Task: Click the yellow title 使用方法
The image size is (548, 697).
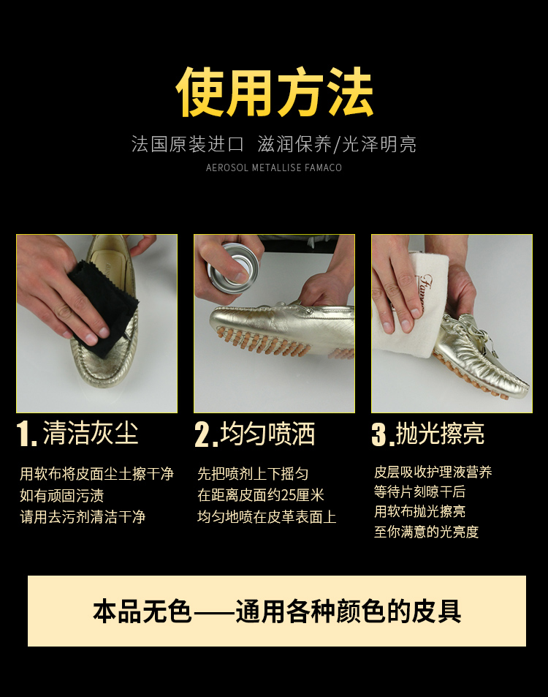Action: [x=274, y=92]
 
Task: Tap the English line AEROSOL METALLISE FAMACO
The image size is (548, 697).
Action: [x=274, y=167]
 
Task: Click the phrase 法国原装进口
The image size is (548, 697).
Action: [x=187, y=144]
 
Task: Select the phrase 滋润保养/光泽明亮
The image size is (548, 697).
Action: [x=337, y=144]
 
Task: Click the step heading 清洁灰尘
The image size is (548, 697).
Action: [x=91, y=433]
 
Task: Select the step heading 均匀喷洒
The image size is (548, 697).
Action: [x=267, y=434]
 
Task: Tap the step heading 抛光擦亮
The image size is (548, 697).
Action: [x=440, y=433]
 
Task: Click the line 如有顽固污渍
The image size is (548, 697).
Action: [x=61, y=495]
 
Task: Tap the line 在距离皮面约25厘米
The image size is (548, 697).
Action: [x=261, y=494]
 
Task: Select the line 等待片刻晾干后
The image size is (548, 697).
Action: [x=419, y=491]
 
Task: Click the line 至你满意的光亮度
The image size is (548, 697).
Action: [x=426, y=531]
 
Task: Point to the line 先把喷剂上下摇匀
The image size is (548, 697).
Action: [x=253, y=473]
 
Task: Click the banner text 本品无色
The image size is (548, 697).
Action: [x=142, y=611]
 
